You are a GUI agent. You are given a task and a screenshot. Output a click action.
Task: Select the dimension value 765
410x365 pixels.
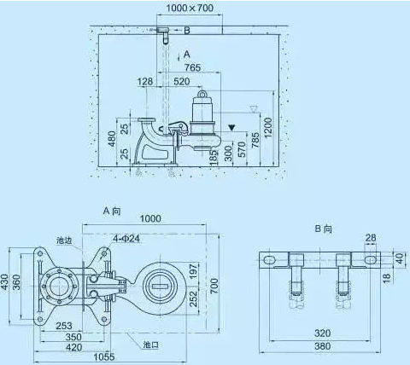pyautogui.click(x=192, y=67)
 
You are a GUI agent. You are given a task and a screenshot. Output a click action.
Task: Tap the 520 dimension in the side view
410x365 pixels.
pyautogui.click(x=182, y=81)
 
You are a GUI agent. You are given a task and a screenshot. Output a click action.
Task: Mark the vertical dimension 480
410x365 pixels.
pyautogui.click(x=110, y=138)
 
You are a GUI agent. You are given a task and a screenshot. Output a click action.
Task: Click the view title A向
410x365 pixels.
pyautogui.click(x=114, y=209)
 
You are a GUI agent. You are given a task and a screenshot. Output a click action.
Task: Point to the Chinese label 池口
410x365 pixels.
pyautogui.click(x=150, y=345)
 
